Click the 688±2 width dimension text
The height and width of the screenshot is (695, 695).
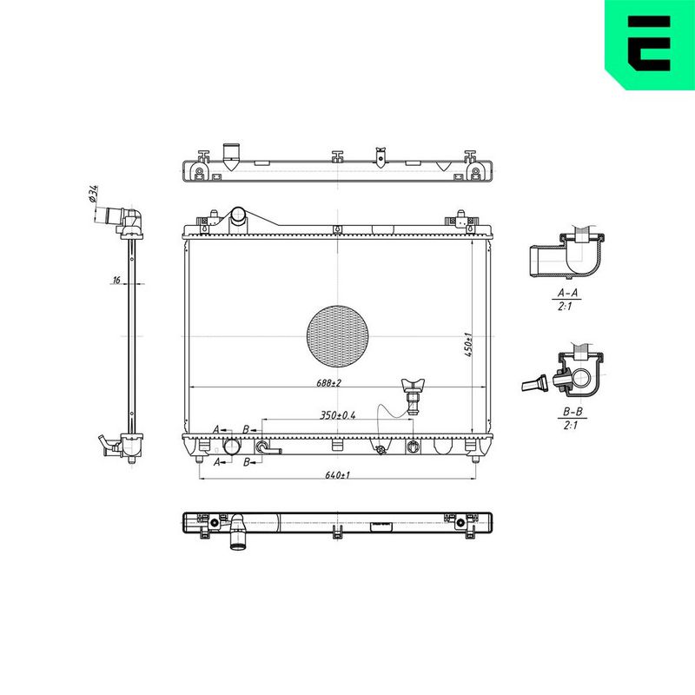click(329, 382)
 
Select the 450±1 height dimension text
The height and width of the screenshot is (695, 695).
click(469, 345)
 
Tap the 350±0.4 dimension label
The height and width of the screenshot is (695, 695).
click(338, 415)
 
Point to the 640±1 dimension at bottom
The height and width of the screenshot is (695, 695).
click(338, 475)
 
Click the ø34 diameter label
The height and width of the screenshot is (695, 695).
click(93, 194)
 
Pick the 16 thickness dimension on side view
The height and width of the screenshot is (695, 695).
click(116, 280)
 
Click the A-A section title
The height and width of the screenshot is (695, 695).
click(567, 293)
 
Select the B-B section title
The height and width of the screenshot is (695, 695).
click(573, 412)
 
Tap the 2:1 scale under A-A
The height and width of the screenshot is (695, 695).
click(565, 307)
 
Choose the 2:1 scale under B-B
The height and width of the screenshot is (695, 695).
click(571, 425)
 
